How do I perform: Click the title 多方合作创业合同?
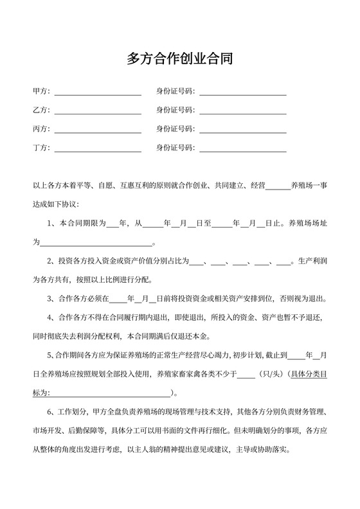179,59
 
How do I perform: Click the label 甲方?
40,91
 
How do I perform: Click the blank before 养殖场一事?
278,188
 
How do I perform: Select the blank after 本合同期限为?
113,225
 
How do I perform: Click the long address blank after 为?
96,245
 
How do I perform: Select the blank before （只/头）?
246,375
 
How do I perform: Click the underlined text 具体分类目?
310,373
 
